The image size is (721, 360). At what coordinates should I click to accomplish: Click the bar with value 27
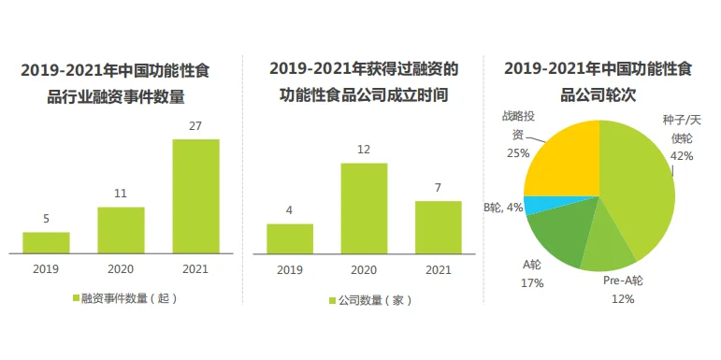coord(195,196)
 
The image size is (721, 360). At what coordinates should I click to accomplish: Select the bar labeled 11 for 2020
coord(121,230)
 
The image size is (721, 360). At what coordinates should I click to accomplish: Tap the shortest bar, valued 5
coord(46,242)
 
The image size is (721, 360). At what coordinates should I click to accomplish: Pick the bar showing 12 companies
coord(364,208)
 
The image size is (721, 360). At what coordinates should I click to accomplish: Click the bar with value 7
coord(438,227)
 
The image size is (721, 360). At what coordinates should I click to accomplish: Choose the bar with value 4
coord(289,238)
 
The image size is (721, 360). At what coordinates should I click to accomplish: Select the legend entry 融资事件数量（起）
coord(124,299)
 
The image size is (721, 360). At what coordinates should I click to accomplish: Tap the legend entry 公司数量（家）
coord(368,300)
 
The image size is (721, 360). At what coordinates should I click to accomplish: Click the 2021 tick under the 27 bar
coord(195,268)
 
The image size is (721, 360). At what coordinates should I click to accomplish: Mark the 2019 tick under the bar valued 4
coord(289,268)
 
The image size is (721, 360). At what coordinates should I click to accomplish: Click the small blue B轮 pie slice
coord(530,205)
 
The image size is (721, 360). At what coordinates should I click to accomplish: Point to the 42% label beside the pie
coord(682,156)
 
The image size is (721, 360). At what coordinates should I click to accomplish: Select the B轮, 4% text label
coord(500,207)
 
